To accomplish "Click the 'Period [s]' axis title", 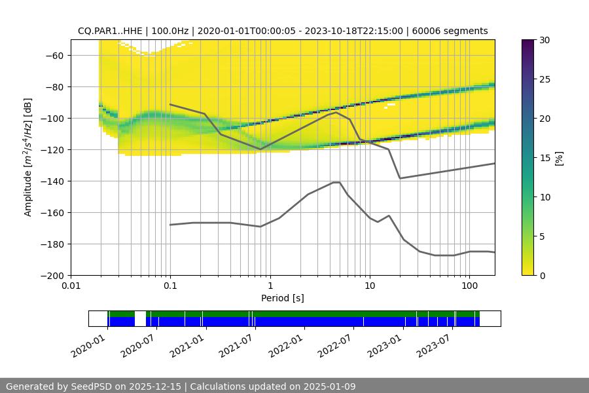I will [282, 299].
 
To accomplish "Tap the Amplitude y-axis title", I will [27, 157].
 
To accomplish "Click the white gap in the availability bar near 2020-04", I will [140, 318].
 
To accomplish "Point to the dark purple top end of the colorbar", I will [528, 43].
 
